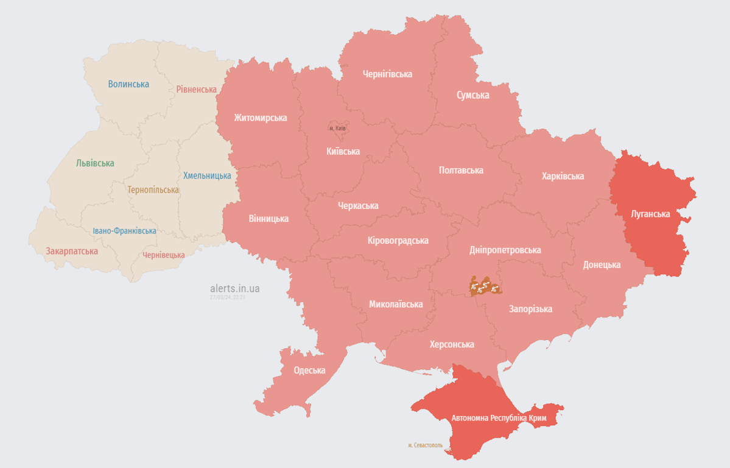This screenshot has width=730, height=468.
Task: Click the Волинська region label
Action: (128, 84)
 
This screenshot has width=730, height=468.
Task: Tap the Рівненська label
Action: (196, 90)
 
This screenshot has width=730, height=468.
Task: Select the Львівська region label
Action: (95, 163)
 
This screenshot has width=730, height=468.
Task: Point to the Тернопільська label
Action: (153, 190)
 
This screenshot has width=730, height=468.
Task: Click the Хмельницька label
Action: (207, 175)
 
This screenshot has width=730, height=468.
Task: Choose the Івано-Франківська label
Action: (124, 231)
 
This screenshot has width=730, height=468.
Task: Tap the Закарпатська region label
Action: (72, 251)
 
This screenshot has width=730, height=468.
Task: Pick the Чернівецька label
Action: (163, 255)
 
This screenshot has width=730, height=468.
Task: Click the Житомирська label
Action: (260, 118)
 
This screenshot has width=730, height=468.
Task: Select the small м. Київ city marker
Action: (337, 128)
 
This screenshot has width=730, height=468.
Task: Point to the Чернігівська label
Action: (387, 74)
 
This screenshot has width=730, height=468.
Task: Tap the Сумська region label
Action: (472, 95)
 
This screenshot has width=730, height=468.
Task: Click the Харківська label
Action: (563, 176)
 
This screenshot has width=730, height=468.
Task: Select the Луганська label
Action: (650, 214)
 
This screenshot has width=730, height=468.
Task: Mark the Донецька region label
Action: (602, 264)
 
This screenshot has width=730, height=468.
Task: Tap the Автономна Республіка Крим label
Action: (499, 419)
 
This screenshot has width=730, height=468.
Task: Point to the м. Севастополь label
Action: (425, 445)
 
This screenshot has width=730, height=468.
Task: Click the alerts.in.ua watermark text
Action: (234, 288)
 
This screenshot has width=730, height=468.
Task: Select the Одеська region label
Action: (309, 370)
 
